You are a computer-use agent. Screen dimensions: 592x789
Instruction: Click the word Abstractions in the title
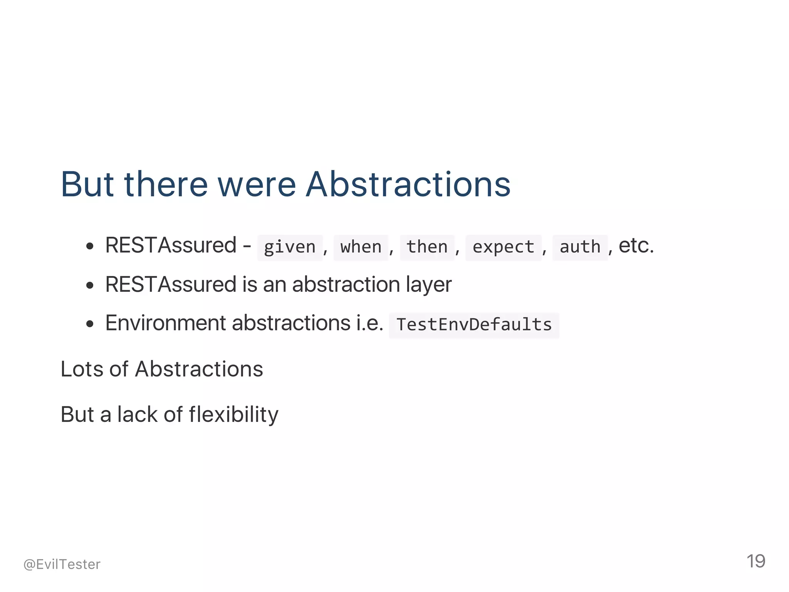pos(408,185)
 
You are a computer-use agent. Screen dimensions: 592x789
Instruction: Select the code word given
pos(290,247)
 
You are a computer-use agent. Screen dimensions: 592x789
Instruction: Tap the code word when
pos(361,247)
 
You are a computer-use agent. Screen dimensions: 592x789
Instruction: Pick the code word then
pos(427,247)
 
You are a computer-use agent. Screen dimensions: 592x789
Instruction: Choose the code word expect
pos(503,247)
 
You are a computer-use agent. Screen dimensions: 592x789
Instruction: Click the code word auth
pos(580,247)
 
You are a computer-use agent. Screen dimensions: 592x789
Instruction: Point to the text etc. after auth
pos(636,246)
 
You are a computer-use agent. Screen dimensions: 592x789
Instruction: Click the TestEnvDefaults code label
pos(474,324)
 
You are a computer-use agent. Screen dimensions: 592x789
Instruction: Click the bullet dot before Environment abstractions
pos(90,324)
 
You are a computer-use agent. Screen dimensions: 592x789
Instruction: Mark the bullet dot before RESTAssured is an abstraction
pos(90,286)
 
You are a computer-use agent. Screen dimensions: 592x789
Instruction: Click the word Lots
pos(82,369)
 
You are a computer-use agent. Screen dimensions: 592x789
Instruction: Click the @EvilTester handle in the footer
pos(62,564)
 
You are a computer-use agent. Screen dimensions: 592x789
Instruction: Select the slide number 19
pos(755,561)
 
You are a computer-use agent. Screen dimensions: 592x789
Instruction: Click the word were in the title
pos(257,185)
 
